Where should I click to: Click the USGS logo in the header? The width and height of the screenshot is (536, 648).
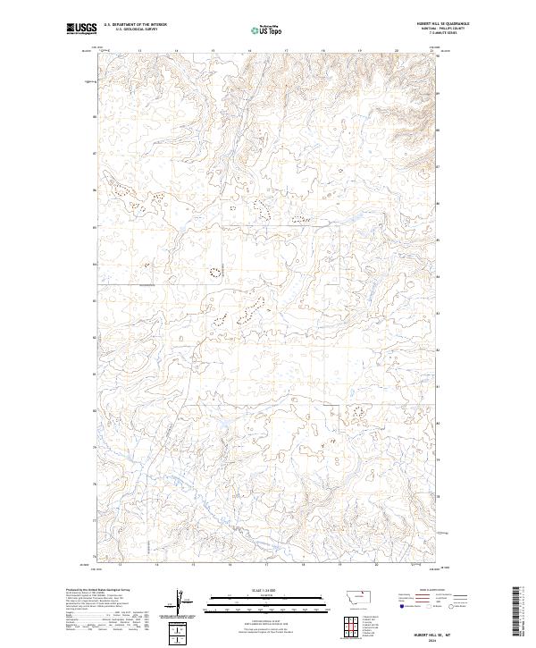click(82, 29)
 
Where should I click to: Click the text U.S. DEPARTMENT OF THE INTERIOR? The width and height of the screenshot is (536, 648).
click(135, 24)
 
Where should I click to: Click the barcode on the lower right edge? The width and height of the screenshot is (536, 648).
click(516, 611)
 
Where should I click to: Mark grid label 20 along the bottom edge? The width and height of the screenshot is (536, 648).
click(376, 565)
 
